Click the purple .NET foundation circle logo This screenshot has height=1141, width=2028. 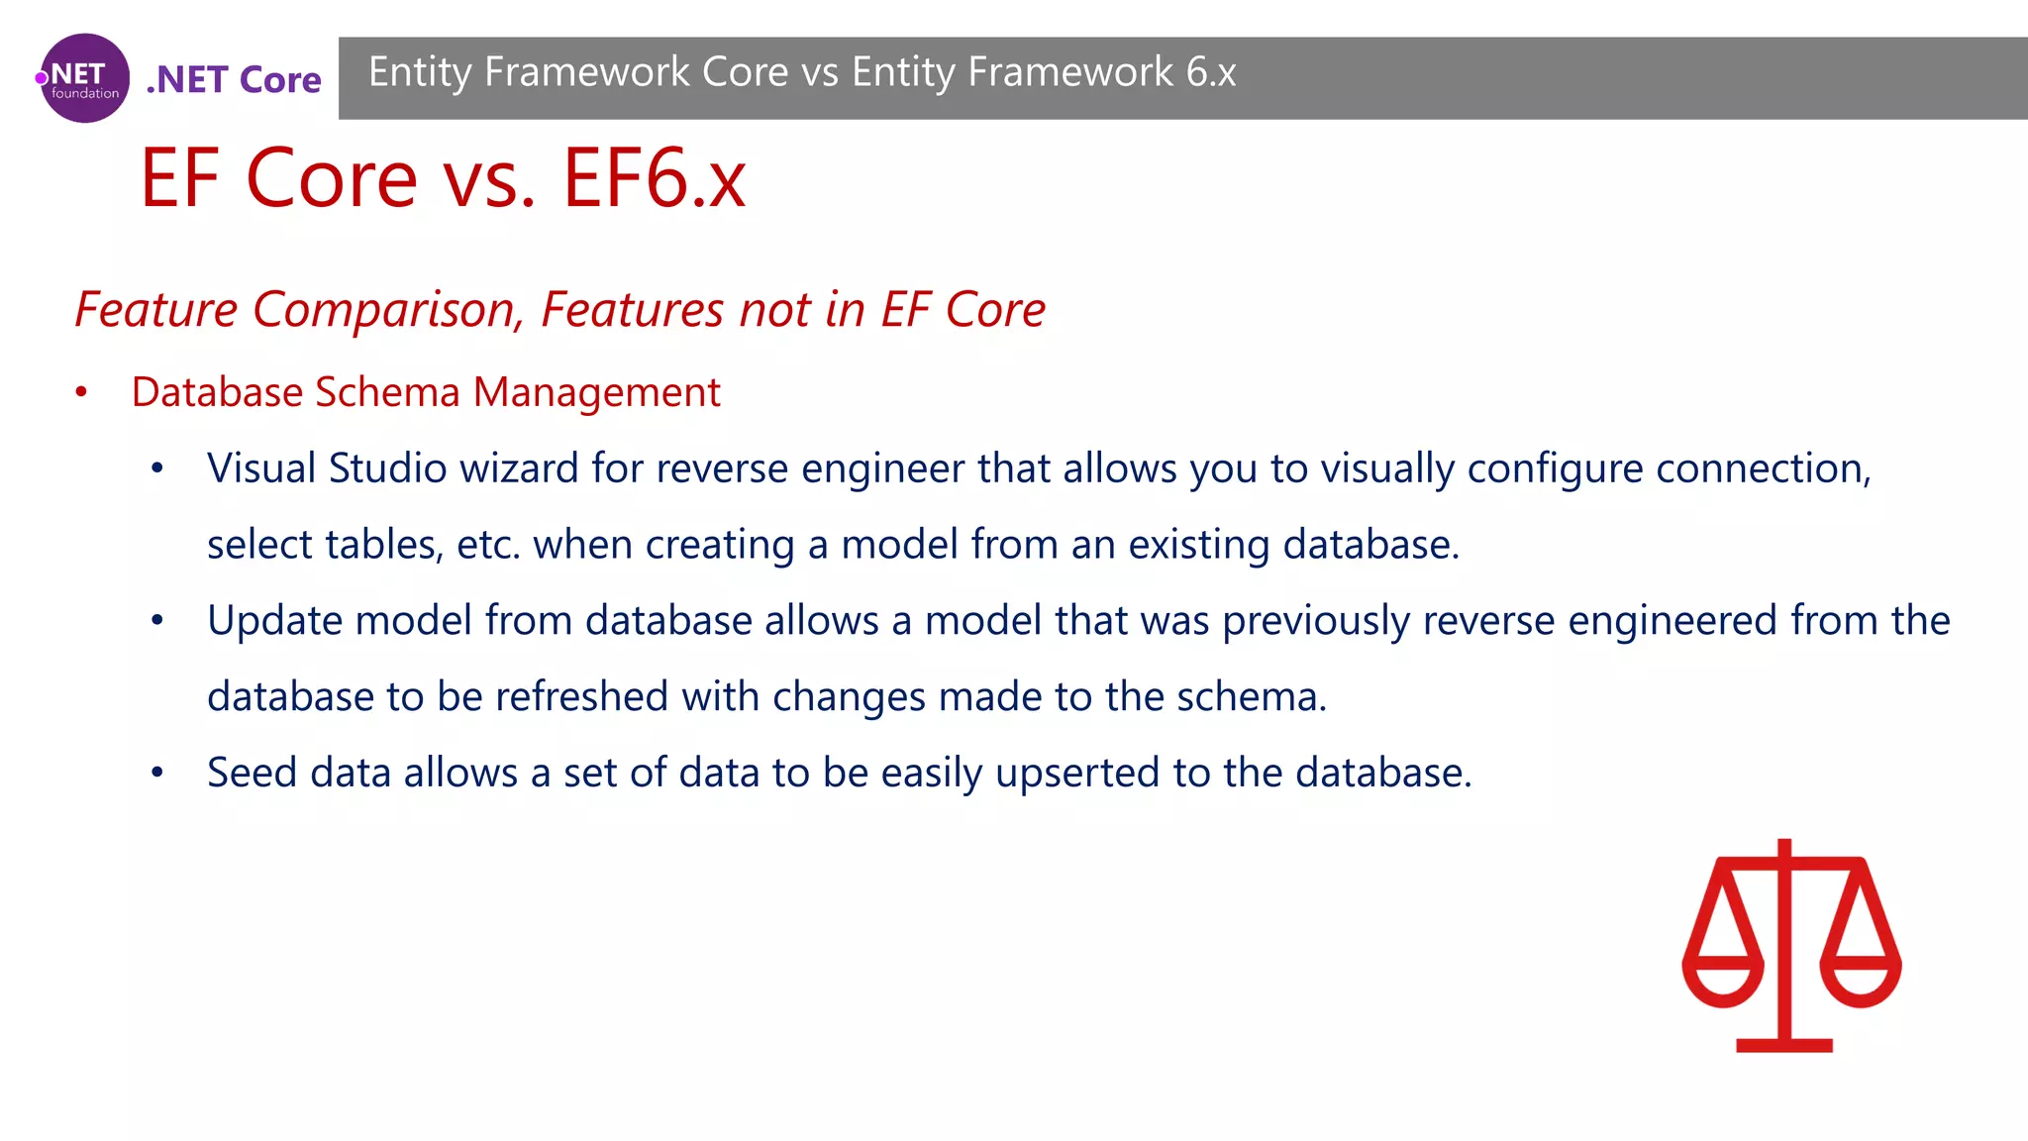pos(84,78)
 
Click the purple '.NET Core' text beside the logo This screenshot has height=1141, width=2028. pos(234,79)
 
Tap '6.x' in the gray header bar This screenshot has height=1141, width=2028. pos(1211,72)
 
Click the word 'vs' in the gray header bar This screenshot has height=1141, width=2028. pos(819,72)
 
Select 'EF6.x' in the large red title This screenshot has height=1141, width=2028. pos(655,178)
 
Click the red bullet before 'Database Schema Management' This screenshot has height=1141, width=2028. pos(81,393)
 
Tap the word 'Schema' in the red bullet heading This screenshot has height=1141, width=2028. pos(387,392)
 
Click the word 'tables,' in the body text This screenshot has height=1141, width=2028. pos(384,545)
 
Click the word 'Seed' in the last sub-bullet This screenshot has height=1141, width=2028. pos(252,773)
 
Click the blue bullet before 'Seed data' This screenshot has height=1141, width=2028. pos(156,774)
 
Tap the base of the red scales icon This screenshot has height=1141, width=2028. pos(1784,1045)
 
